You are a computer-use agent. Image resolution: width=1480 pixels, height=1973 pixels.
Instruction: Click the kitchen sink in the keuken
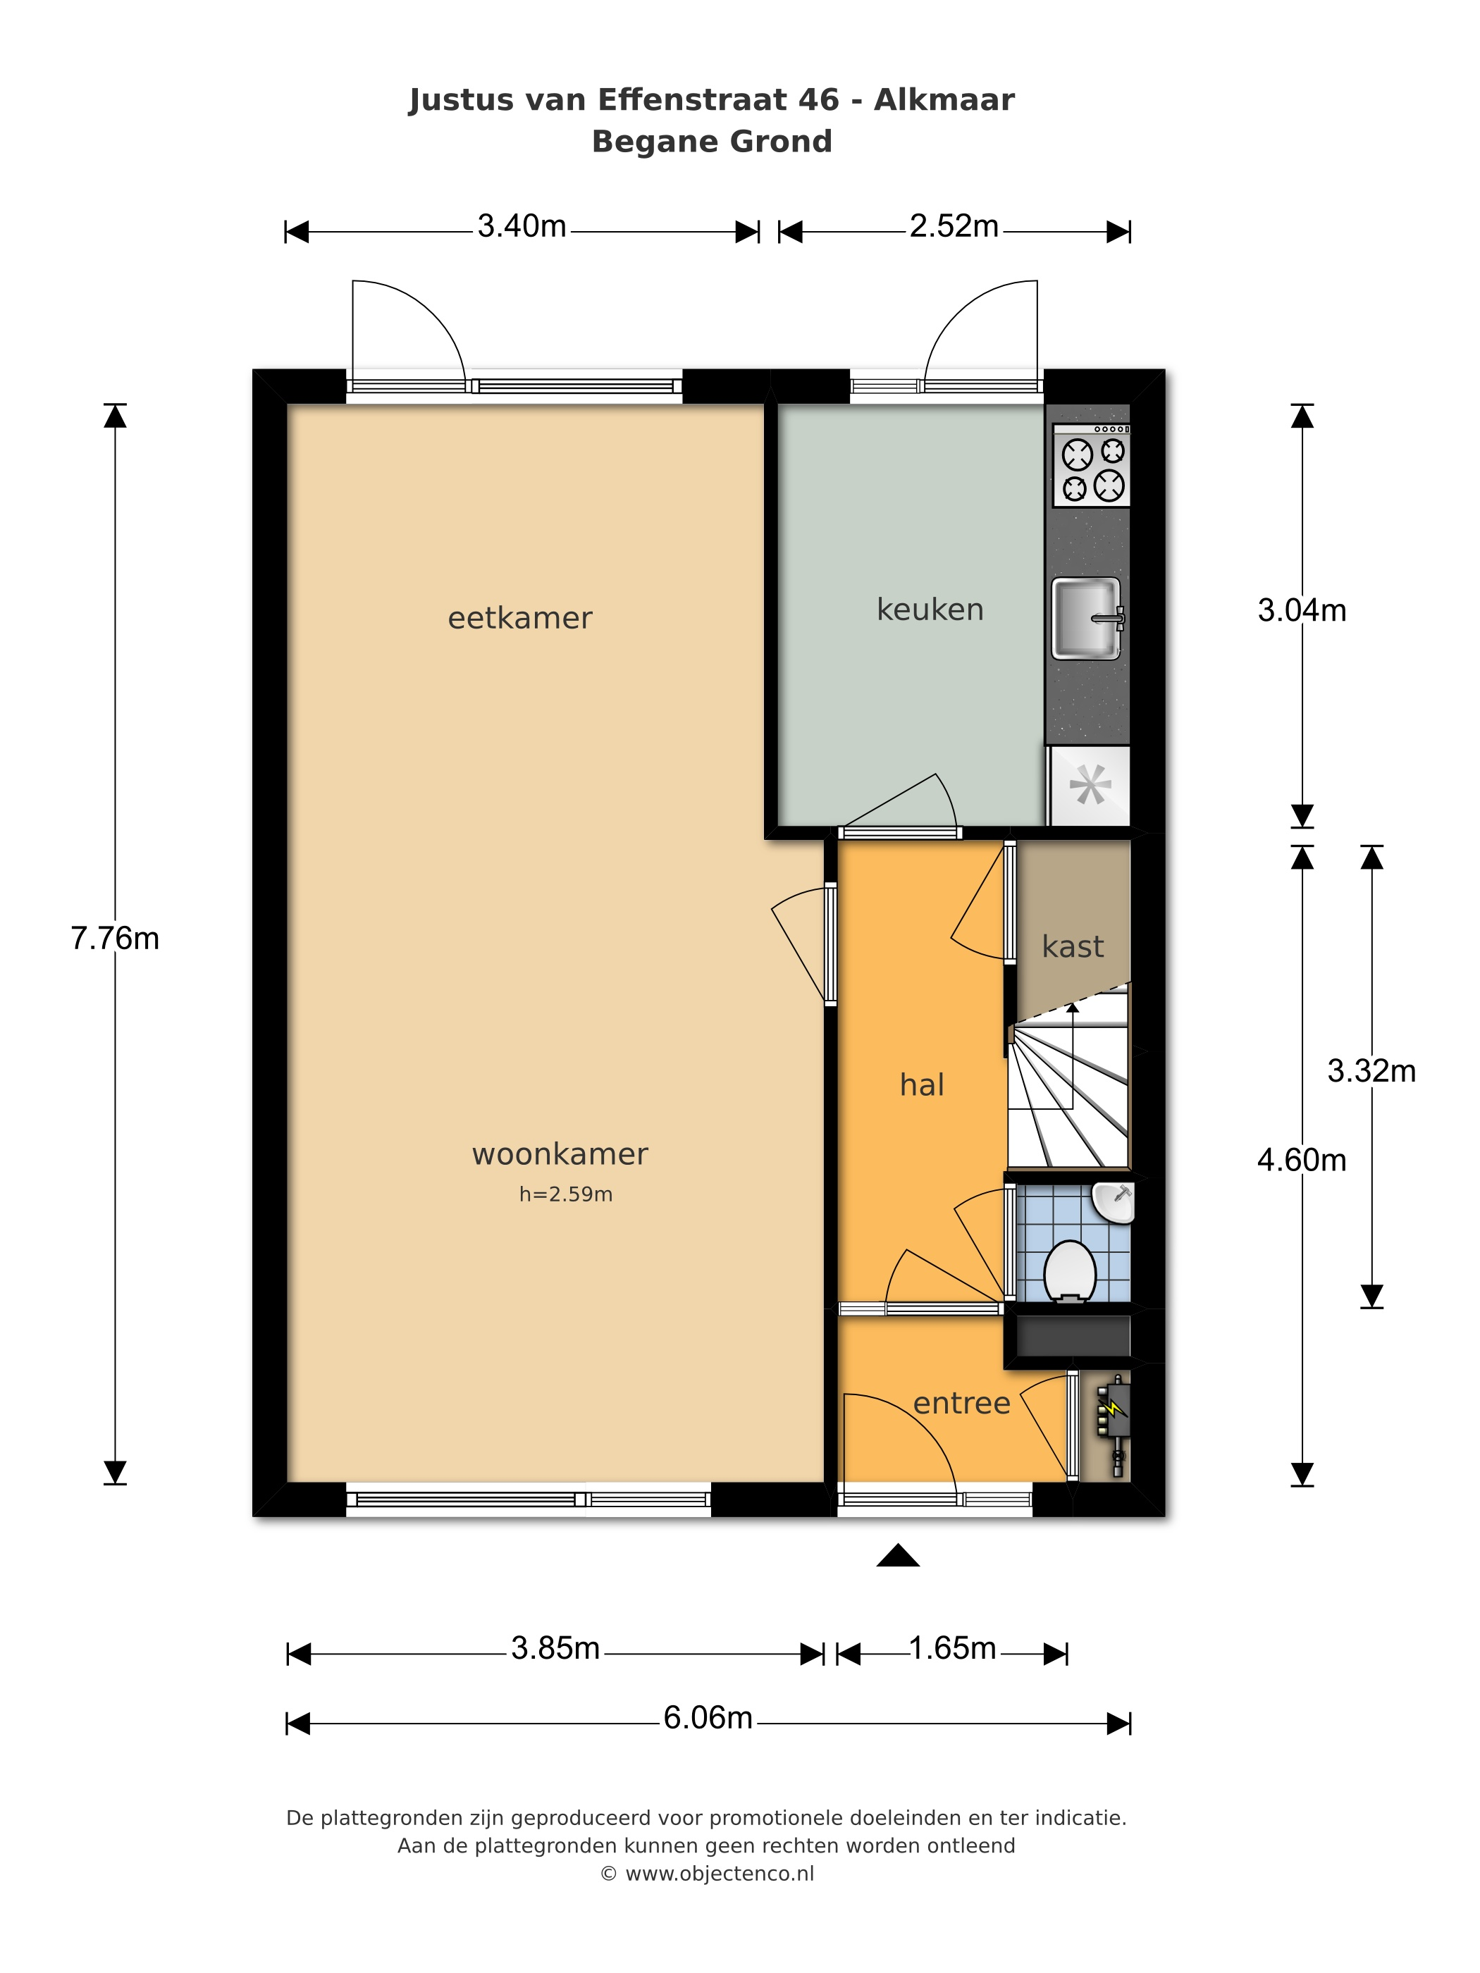pyautogui.click(x=1087, y=618)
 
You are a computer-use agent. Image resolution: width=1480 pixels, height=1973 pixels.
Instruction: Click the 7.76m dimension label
pyautogui.click(x=115, y=939)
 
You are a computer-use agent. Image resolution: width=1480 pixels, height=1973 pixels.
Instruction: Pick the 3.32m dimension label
pyautogui.click(x=1371, y=1070)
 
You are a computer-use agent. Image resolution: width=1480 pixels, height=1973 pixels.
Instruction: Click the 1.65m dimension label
pyautogui.click(x=952, y=1647)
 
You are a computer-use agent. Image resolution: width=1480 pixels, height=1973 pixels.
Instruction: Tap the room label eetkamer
pyautogui.click(x=520, y=618)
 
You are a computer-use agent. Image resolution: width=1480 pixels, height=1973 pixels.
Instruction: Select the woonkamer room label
pyautogui.click(x=560, y=1154)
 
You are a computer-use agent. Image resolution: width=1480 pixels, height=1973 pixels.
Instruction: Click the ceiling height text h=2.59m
pyautogui.click(x=566, y=1194)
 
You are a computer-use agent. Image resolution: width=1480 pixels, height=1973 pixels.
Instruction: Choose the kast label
pyautogui.click(x=1073, y=946)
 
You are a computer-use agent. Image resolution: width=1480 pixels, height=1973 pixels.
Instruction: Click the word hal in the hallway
pyautogui.click(x=922, y=1084)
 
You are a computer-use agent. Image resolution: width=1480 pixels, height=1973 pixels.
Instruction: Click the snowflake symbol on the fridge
pyautogui.click(x=1090, y=785)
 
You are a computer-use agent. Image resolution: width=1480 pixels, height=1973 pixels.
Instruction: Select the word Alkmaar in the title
pyautogui.click(x=944, y=100)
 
